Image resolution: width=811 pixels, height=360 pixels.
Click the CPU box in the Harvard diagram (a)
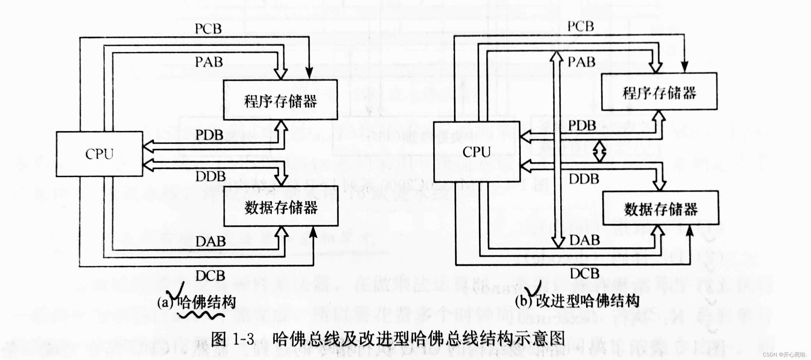[x=99, y=154]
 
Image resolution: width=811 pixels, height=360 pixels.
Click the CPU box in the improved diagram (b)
[x=476, y=152]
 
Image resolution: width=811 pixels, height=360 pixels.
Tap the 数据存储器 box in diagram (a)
[x=281, y=207]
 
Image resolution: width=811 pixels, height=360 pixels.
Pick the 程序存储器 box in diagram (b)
[x=659, y=92]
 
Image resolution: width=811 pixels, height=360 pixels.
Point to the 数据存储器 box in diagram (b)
[x=660, y=208]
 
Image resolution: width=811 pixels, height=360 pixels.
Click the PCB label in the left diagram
[x=208, y=29]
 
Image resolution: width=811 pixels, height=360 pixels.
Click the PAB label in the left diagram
[x=209, y=62]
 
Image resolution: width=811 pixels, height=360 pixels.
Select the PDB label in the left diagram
[x=209, y=135]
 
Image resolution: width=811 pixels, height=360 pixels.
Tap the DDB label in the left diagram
[x=210, y=177]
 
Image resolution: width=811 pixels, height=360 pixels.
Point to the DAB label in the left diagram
[x=211, y=242]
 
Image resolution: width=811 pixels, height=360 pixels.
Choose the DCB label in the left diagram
[x=210, y=276]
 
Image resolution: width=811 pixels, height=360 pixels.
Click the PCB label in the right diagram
[x=581, y=26]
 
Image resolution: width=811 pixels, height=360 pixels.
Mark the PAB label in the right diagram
[x=581, y=62]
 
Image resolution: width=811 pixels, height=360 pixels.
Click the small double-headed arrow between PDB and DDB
[x=599, y=151]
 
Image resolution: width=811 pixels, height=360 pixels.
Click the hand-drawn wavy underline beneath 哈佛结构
[x=201, y=315]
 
